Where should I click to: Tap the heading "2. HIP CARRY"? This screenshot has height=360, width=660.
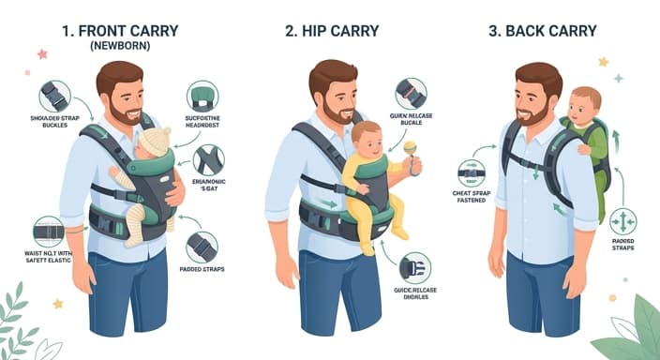[333, 30]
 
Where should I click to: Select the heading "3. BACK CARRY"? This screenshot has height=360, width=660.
[542, 30]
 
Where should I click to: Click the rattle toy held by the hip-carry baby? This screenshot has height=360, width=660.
[410, 147]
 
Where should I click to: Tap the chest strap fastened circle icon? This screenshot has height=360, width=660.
[471, 173]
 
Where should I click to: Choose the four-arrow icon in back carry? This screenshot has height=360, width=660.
[623, 221]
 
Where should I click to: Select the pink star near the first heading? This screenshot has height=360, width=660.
[42, 53]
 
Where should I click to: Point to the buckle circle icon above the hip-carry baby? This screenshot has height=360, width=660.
[410, 94]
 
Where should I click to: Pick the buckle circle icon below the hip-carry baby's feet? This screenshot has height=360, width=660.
[414, 268]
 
